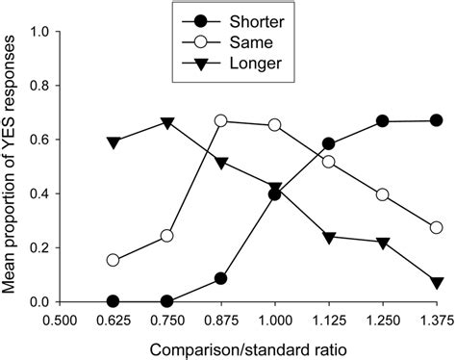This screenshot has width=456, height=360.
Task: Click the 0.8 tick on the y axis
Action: tap(40, 86)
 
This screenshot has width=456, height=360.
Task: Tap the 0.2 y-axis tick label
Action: tap(40, 247)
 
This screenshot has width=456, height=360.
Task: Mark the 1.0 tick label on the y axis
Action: tap(40, 32)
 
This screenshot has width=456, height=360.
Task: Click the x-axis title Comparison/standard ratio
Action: tap(248, 346)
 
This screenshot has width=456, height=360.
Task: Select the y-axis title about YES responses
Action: tap(13, 166)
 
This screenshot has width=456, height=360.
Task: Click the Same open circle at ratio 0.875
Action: tap(221, 121)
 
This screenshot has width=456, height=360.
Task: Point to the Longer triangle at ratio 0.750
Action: tap(167, 123)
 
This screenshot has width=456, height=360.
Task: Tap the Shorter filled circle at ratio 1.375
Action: tap(437, 120)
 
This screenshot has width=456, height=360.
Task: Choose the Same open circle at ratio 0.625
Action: tap(114, 260)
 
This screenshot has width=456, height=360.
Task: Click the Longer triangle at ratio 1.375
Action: tap(437, 282)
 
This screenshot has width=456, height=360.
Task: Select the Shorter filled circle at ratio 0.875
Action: tap(221, 278)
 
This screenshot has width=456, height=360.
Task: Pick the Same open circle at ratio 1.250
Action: tap(383, 194)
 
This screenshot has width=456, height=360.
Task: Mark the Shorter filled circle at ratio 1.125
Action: tap(329, 143)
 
